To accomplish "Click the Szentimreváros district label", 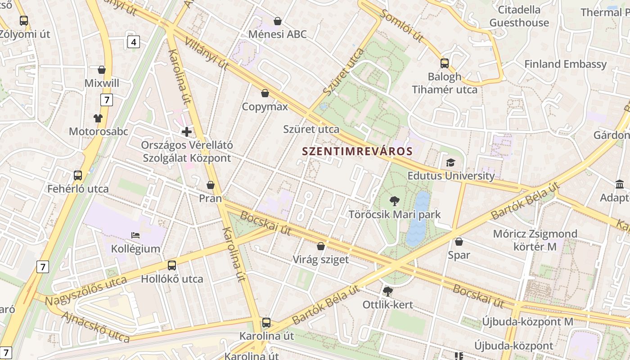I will [357, 151].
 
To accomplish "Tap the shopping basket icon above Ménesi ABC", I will [278, 21].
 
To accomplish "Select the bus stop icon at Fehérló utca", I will [78, 175].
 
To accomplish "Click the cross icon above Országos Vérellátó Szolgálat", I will [186, 132].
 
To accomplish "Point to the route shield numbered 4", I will [133, 42].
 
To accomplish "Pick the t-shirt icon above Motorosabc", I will [98, 118].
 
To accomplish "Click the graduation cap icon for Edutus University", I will [450, 162].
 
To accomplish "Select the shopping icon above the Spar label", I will [459, 242].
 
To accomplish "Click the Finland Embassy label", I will [565, 64].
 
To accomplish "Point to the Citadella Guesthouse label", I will [519, 16].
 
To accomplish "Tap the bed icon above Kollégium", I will [135, 235].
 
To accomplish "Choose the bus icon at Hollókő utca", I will [172, 265].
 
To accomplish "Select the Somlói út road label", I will [401, 26].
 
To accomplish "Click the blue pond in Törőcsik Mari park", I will [418, 219].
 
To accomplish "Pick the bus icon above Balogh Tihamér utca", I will [445, 63].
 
